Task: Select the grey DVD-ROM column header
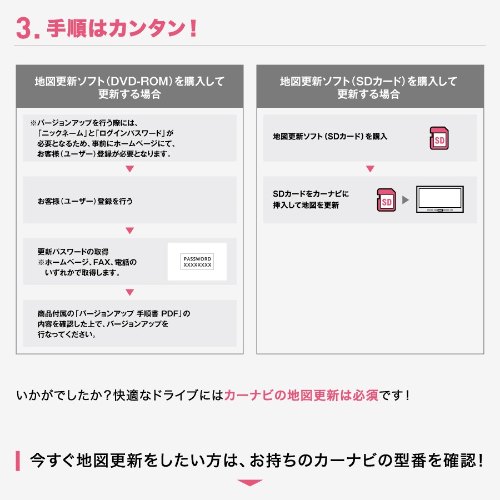(x=129, y=87)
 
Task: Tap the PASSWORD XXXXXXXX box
(x=197, y=262)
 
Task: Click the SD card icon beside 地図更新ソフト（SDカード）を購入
(x=439, y=138)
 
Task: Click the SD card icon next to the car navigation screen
(x=387, y=200)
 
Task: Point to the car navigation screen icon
(x=440, y=200)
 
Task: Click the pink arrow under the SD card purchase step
(x=370, y=169)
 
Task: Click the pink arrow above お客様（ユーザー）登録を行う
(x=129, y=169)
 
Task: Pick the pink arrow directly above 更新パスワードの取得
(x=129, y=231)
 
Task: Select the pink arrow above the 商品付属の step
(x=129, y=292)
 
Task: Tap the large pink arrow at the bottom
(x=249, y=483)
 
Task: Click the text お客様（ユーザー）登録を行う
(x=85, y=201)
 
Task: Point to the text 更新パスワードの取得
(x=77, y=252)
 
